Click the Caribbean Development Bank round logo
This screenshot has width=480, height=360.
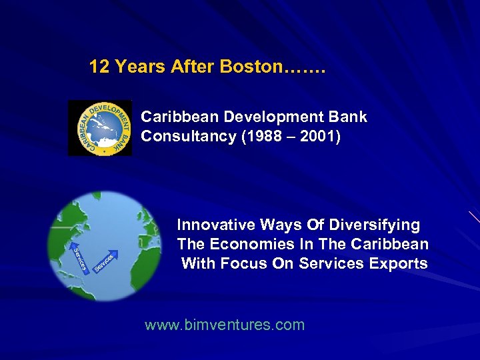(100, 128)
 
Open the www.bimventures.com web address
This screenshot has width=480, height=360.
(225, 325)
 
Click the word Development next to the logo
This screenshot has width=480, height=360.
(273, 117)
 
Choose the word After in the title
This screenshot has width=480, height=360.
(189, 67)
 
